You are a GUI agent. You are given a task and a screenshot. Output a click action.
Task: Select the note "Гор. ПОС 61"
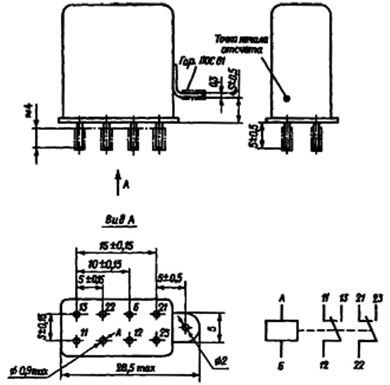[x=196, y=62]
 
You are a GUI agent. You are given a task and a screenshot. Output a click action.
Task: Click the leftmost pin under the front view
[x=79, y=138]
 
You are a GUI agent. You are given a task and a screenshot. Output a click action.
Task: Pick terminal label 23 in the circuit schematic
[x=377, y=299]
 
